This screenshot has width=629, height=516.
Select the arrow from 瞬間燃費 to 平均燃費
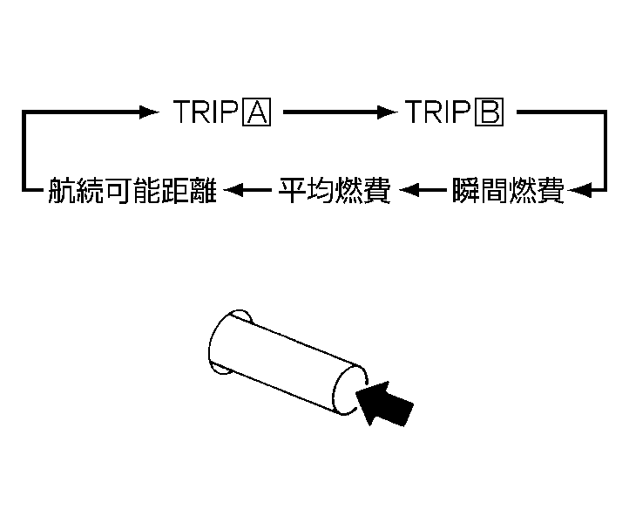pos(423,188)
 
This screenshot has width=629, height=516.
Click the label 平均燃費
pos(334,188)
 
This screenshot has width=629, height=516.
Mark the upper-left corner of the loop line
pos(25,112)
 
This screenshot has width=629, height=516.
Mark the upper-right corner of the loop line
pos(604,112)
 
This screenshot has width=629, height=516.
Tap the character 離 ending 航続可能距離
pos(210,188)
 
